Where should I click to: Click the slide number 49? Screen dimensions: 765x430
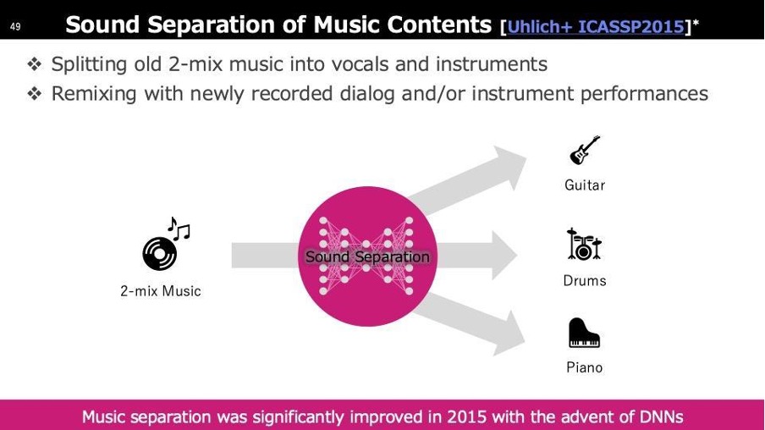click(15, 26)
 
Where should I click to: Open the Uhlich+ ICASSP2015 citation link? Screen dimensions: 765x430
click(596, 26)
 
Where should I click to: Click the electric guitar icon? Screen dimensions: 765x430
click(585, 150)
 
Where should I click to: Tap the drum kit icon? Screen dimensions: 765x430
click(584, 244)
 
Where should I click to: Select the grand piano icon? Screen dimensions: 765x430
click(584, 333)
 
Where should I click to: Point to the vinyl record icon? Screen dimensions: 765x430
click(160, 253)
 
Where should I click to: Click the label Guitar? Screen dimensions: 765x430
click(585, 185)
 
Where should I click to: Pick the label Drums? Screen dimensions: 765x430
click(585, 281)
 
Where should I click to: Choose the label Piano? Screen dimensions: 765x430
click(585, 367)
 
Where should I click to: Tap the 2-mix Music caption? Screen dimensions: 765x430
click(161, 291)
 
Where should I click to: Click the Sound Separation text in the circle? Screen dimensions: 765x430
click(367, 256)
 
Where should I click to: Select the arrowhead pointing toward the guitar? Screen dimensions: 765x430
click(508, 165)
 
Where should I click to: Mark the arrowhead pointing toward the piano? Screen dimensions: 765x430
click(508, 334)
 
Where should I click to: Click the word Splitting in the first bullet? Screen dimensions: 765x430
click(90, 64)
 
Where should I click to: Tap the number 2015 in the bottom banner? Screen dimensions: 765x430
click(467, 416)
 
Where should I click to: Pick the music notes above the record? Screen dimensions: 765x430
click(179, 229)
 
